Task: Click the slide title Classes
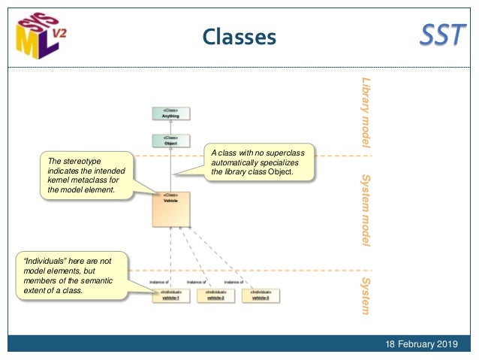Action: click(x=239, y=36)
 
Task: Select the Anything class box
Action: click(x=171, y=113)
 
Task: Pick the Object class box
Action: click(x=171, y=141)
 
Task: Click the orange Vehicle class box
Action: click(x=171, y=209)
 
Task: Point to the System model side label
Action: click(x=366, y=211)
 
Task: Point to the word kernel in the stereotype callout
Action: click(x=59, y=180)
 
